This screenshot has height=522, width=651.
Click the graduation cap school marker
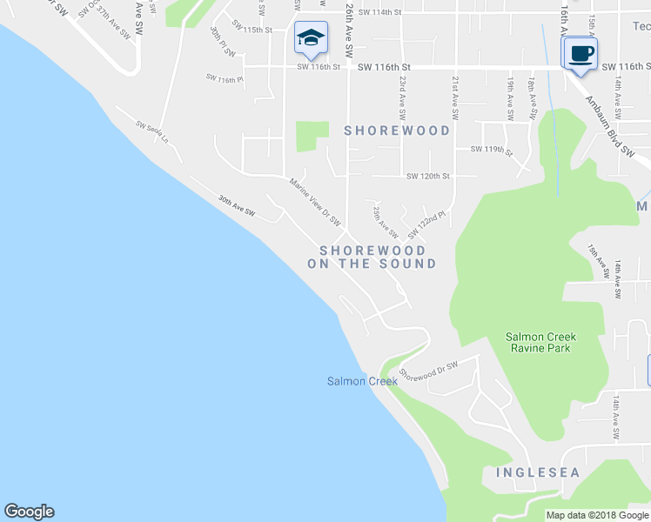pyautogui.click(x=311, y=38)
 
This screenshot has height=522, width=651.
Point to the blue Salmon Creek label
pyautogui.click(x=362, y=381)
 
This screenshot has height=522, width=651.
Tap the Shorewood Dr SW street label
pyautogui.click(x=428, y=371)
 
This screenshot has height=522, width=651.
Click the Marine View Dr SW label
pyautogui.click(x=314, y=198)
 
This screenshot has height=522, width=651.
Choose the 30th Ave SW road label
pyautogui.click(x=237, y=206)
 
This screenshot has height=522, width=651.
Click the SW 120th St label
pyautogui.click(x=427, y=176)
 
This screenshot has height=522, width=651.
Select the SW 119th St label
pyautogui.click(x=491, y=150)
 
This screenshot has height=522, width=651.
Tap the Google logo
pyautogui.click(x=29, y=512)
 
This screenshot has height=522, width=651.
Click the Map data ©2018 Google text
pyautogui.click(x=597, y=515)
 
